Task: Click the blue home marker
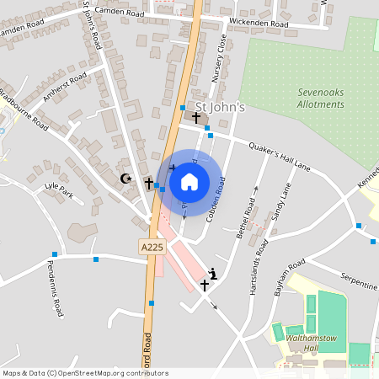coord(189,181)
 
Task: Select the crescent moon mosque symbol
coord(127,179)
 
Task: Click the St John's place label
coord(220,107)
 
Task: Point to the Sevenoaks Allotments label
coord(321,99)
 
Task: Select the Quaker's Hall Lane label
coord(280,157)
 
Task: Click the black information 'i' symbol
coord(213,273)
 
